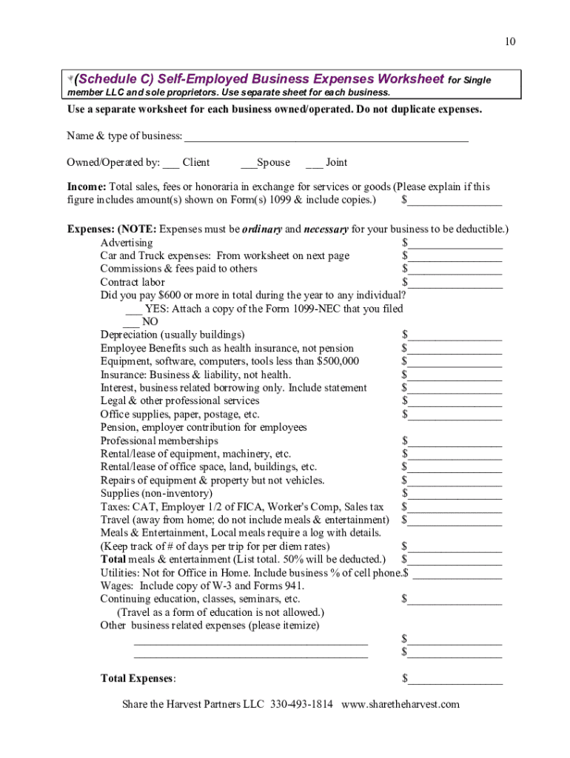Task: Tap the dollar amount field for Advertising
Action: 455,244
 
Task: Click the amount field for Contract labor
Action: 455,284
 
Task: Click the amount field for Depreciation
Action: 455,336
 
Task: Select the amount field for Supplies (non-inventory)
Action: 455,494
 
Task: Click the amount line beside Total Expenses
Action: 455,680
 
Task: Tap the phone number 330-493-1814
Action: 302,704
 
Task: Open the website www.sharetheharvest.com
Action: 400,704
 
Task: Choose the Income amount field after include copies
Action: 455,201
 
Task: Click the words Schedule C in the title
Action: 107,79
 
